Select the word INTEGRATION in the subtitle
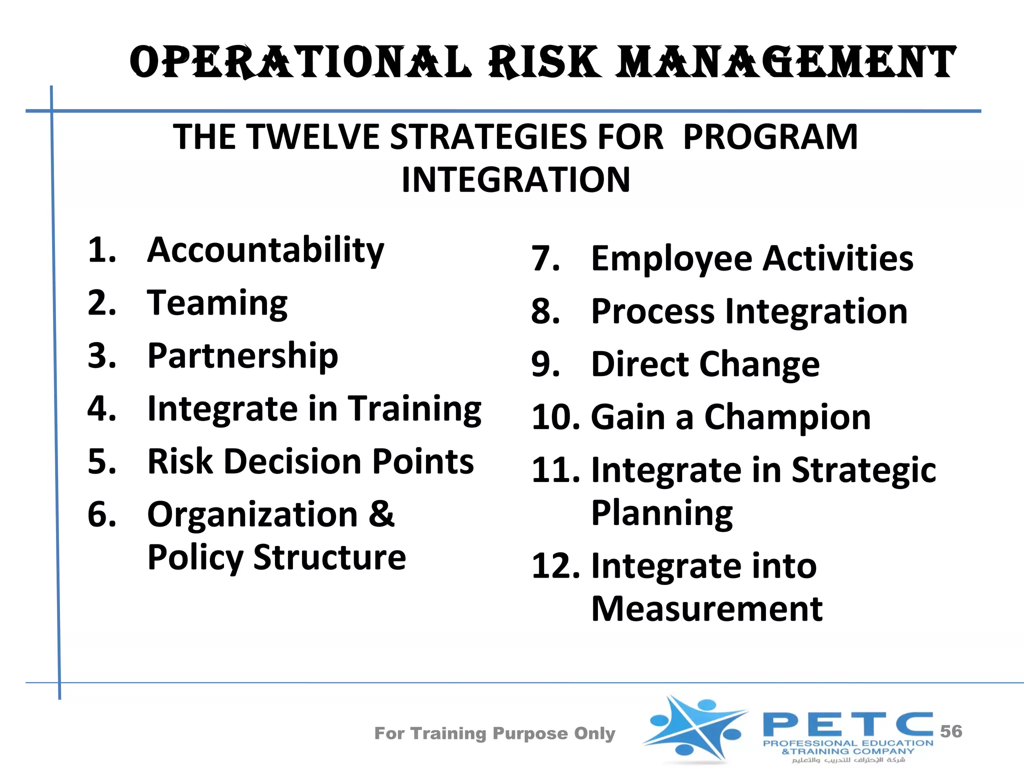tap(515, 180)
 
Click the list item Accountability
tap(265, 250)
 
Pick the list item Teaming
tap(217, 303)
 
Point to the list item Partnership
tap(242, 356)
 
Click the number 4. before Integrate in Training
tap(101, 408)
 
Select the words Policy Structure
tap(276, 557)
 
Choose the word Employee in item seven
tap(671, 259)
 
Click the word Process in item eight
tap(652, 311)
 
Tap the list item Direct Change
tap(705, 364)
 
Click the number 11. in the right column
tap(555, 470)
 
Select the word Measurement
tap(706, 609)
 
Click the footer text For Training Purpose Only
tap(494, 733)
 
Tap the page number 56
tap(950, 731)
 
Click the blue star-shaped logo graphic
tap(695, 727)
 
